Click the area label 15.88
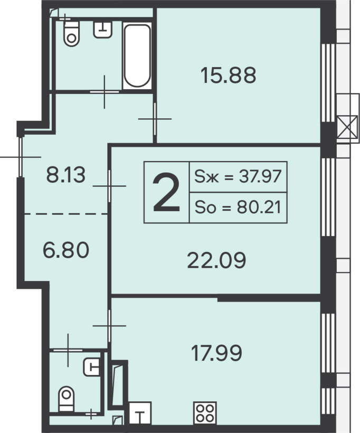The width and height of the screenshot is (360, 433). [229, 76]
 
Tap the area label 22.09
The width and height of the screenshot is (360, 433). [216, 260]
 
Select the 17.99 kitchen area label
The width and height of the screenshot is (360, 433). [216, 353]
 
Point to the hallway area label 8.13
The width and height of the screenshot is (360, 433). [65, 175]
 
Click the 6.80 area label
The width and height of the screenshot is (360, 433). [66, 250]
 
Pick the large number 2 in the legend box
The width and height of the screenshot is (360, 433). [166, 192]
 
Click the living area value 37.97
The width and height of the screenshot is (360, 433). [260, 176]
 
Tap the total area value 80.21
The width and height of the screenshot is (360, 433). [259, 208]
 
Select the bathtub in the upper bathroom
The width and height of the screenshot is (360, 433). [137, 56]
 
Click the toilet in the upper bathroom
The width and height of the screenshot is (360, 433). [71, 33]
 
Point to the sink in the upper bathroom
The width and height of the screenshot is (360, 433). [103, 29]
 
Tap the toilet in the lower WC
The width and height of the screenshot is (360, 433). [67, 399]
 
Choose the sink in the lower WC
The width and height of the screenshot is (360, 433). [92, 366]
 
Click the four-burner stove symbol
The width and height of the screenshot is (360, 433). [205, 413]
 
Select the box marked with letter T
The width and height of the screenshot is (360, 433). [140, 413]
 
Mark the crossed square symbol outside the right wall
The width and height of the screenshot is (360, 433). [347, 127]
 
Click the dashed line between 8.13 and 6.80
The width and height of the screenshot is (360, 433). [65, 214]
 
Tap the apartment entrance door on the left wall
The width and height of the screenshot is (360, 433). [20, 157]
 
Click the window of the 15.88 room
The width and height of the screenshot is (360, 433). [328, 83]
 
